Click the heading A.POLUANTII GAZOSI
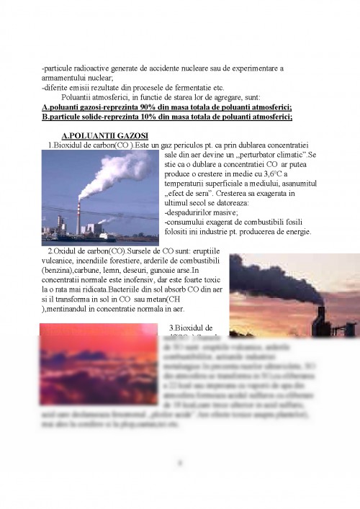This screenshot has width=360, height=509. point(105,135)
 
